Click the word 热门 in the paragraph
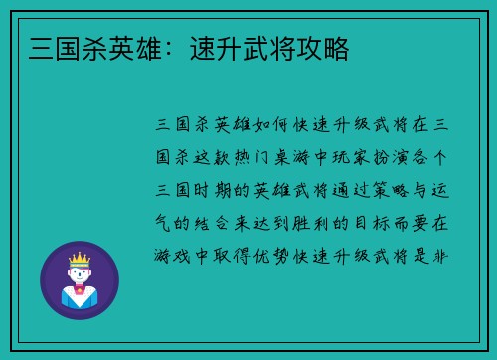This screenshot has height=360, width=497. (262, 157)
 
